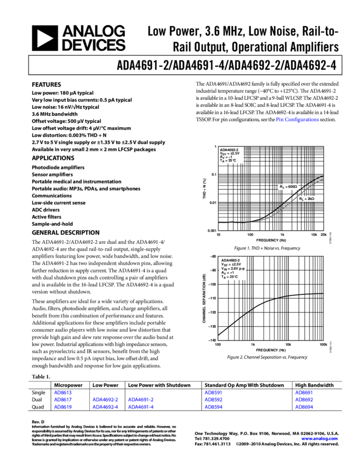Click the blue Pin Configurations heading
click(x=298, y=120)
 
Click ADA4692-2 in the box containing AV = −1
click(x=229, y=149)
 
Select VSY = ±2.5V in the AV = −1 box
click(x=230, y=153)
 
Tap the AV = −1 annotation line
click(x=226, y=157)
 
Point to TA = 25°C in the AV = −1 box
click(x=228, y=161)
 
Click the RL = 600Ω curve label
click(x=288, y=187)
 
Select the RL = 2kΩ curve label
click(x=307, y=199)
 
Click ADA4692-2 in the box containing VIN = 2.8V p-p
click(x=230, y=260)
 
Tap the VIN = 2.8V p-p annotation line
click(x=232, y=269)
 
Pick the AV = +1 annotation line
click(x=227, y=272)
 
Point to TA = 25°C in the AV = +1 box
click(x=229, y=277)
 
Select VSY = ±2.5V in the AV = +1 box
click(x=231, y=264)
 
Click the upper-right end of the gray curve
click(x=322, y=180)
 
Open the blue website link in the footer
click(x=319, y=439)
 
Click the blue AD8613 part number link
click(x=63, y=393)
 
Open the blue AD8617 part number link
click(x=63, y=400)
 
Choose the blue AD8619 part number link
click(x=63, y=407)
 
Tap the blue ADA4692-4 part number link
click(x=141, y=407)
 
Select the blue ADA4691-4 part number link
click(x=105, y=407)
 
